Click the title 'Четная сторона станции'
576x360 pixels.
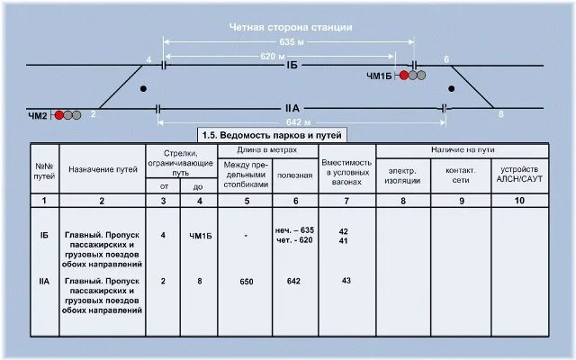pos(290,27)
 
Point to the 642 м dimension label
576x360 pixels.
pos(298,121)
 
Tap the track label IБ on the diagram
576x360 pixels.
pos(292,66)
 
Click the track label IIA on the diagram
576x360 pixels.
pos(292,107)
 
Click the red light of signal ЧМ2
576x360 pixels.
pos(59,115)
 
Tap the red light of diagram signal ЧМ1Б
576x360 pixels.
pos(405,76)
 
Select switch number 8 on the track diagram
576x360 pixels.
pos(501,114)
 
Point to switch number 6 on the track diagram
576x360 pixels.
pos(446,59)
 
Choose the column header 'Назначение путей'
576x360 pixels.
pos(102,168)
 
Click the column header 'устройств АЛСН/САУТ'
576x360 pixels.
pos(517,174)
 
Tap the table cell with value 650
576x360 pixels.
pos(247,282)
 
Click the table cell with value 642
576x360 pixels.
pos(293,282)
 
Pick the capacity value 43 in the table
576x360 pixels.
pos(346,281)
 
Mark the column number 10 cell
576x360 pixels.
pos(517,201)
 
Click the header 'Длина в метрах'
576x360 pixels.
pos(268,148)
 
